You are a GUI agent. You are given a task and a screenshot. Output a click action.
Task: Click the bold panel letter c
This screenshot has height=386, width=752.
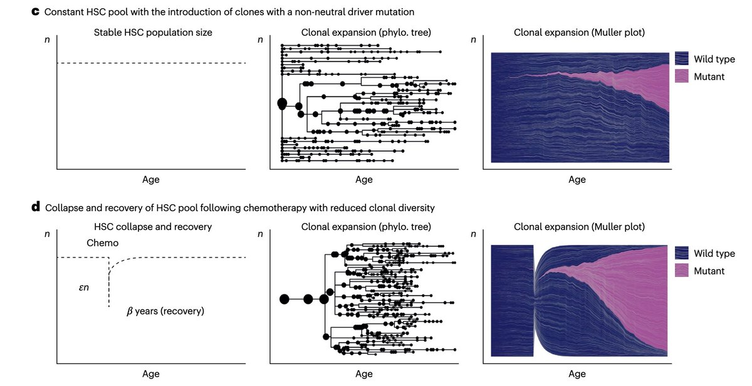point(35,12)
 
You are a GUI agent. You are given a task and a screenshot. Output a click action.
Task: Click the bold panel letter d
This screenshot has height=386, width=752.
point(36,207)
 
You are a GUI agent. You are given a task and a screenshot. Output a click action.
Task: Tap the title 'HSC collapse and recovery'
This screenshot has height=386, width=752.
point(151,226)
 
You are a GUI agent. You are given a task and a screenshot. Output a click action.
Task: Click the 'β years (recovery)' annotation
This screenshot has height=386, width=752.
point(165,311)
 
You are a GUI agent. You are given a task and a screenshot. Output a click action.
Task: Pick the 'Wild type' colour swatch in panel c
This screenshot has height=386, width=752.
point(682,59)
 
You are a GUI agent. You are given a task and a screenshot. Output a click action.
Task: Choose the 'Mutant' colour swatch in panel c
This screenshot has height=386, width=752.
point(682,76)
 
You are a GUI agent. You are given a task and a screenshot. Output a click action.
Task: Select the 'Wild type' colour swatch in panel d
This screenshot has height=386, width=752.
point(682,253)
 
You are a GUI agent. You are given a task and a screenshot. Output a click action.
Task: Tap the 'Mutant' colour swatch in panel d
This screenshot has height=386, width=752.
point(682,271)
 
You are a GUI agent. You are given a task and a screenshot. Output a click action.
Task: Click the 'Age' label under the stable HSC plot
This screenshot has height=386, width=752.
point(151,180)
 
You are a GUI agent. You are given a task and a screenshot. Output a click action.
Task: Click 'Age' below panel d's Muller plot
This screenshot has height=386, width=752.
point(577,374)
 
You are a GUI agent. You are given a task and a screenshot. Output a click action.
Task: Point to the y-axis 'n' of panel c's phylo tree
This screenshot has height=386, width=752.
point(260,40)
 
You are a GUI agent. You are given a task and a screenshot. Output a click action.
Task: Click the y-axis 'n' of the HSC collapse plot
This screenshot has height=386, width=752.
point(47,234)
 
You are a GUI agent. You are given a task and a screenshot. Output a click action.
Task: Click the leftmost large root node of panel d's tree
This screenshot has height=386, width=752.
point(284,299)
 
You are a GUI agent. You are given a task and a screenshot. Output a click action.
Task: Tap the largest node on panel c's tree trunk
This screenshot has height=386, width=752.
point(282,103)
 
